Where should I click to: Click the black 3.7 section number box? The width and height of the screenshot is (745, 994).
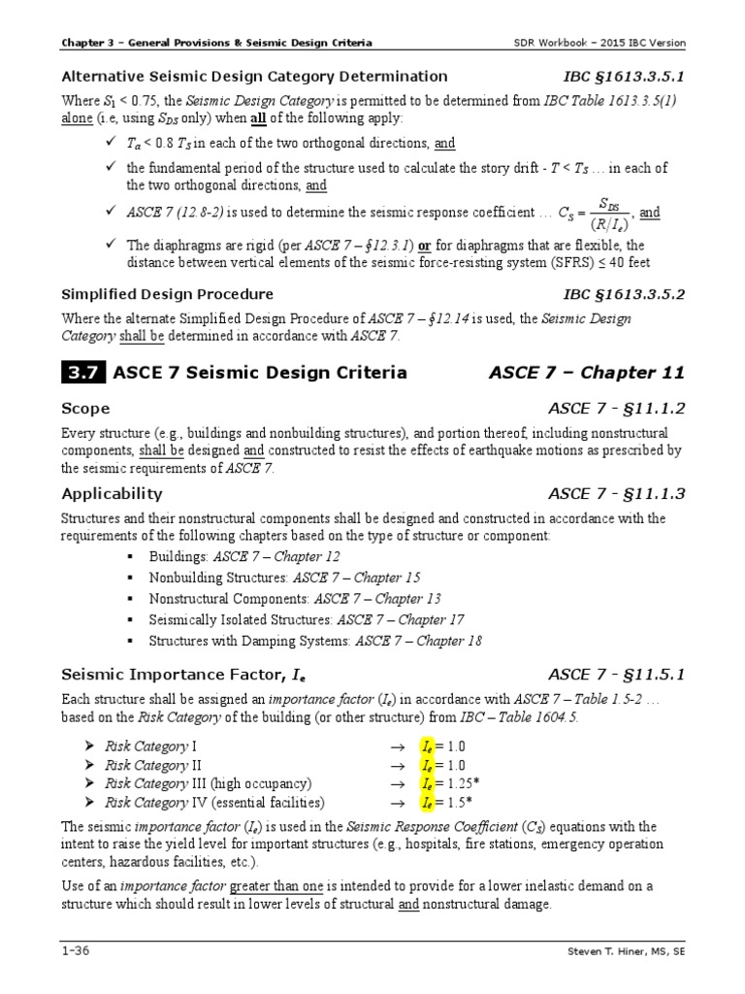pyautogui.click(x=83, y=373)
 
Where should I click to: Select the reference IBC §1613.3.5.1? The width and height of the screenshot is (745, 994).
pyautogui.click(x=624, y=76)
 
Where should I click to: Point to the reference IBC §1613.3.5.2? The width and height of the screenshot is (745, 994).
pyautogui.click(x=624, y=294)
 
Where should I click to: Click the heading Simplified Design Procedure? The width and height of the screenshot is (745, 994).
pyautogui.click(x=167, y=294)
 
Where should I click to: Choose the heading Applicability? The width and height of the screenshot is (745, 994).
pyautogui.click(x=112, y=493)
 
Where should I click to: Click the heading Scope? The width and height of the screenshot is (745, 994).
pyautogui.click(x=85, y=409)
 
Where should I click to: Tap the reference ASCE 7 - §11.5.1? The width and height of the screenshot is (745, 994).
pyautogui.click(x=616, y=674)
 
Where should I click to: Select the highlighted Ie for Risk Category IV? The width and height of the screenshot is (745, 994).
pyautogui.click(x=426, y=802)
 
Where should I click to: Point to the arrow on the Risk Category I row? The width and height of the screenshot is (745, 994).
pyautogui.click(x=396, y=746)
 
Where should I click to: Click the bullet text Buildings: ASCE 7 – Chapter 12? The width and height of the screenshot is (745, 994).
pyautogui.click(x=243, y=556)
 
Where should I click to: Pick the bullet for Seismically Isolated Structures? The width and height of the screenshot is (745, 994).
pyautogui.click(x=129, y=620)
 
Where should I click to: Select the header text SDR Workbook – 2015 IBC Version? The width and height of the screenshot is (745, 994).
pyautogui.click(x=599, y=44)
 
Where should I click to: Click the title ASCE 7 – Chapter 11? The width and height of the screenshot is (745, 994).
pyautogui.click(x=586, y=373)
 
